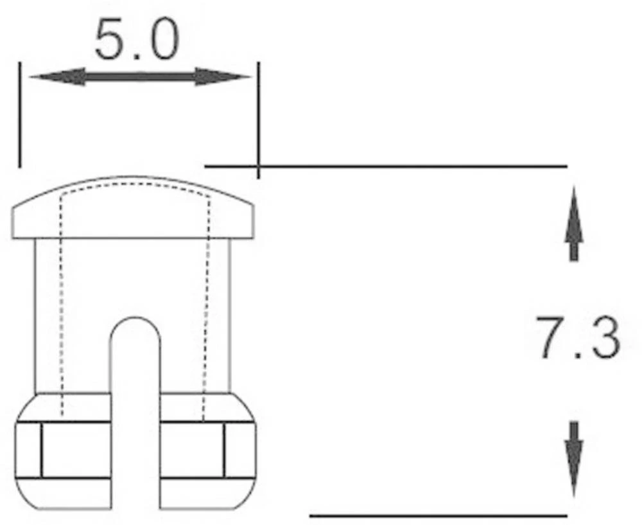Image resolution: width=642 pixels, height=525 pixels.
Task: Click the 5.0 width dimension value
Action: [x=137, y=40]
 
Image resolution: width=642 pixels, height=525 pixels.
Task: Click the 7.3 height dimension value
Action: [x=578, y=338]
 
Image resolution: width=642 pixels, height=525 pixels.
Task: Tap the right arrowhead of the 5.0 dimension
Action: [x=222, y=76]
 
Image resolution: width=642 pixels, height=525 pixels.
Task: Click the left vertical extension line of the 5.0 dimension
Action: [x=20, y=116]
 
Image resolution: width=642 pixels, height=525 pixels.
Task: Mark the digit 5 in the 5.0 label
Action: [x=111, y=40]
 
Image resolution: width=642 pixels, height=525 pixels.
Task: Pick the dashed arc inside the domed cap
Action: [x=135, y=184]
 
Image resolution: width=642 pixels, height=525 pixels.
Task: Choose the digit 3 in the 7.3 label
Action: [x=605, y=338]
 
